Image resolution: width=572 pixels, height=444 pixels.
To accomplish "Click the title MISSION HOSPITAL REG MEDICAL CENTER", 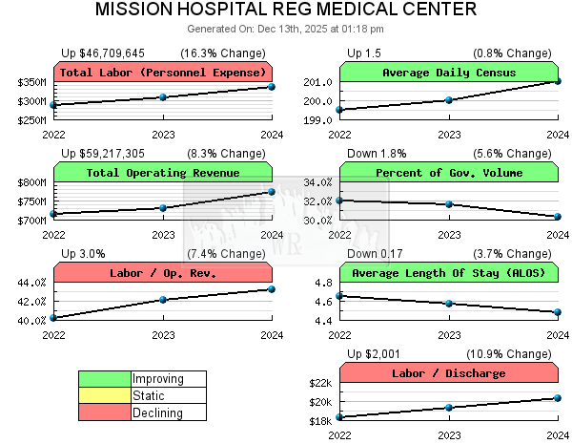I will (286, 11).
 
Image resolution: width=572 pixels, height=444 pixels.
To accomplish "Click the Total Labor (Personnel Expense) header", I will (163, 73).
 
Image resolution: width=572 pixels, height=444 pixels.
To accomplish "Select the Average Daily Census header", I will (449, 73).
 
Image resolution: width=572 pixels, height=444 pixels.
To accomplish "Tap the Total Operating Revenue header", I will (163, 173).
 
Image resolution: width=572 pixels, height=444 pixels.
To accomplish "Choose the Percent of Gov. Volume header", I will (449, 173).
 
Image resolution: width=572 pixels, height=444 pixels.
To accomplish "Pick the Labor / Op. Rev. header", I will (163, 273).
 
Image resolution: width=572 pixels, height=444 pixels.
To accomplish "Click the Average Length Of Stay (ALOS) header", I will (449, 273).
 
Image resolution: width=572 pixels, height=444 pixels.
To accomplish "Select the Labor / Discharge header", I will (449, 373).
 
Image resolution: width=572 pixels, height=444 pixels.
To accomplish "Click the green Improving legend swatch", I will (105, 379).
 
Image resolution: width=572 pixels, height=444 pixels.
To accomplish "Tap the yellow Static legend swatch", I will (105, 395).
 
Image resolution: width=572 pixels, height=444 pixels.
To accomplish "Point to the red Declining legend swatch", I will (105, 412).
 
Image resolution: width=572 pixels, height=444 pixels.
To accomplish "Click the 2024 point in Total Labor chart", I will (272, 87).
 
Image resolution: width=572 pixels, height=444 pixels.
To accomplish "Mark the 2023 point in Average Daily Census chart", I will (449, 99).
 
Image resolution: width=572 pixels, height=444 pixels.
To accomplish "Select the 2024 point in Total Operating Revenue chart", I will (272, 192).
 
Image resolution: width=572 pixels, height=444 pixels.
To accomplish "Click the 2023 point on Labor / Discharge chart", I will (449, 408).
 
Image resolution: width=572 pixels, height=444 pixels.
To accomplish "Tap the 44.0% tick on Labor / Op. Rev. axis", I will (31, 283).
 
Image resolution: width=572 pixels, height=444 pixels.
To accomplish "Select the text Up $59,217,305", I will (103, 153).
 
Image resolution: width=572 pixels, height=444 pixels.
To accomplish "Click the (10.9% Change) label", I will (512, 353).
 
